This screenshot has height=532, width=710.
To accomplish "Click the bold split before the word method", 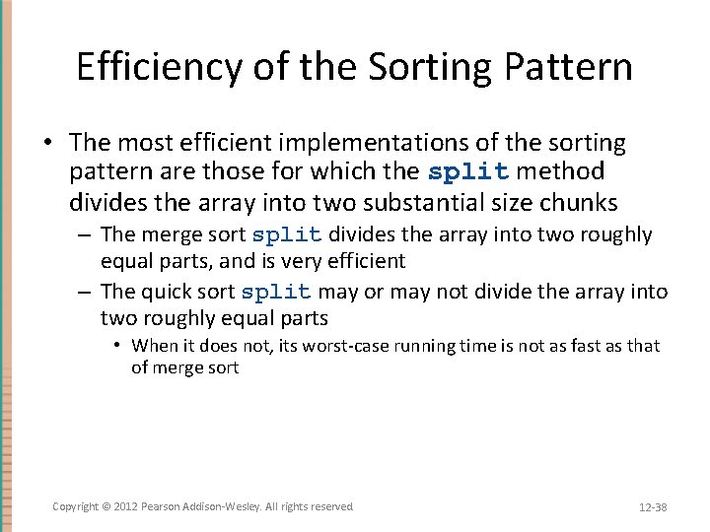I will click(468, 172).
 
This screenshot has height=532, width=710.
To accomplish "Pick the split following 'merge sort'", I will click(287, 235).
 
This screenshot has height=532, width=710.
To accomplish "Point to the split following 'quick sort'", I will click(276, 293).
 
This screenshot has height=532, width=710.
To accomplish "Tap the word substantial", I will click(424, 203).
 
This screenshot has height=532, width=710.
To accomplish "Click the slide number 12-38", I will click(653, 506).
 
